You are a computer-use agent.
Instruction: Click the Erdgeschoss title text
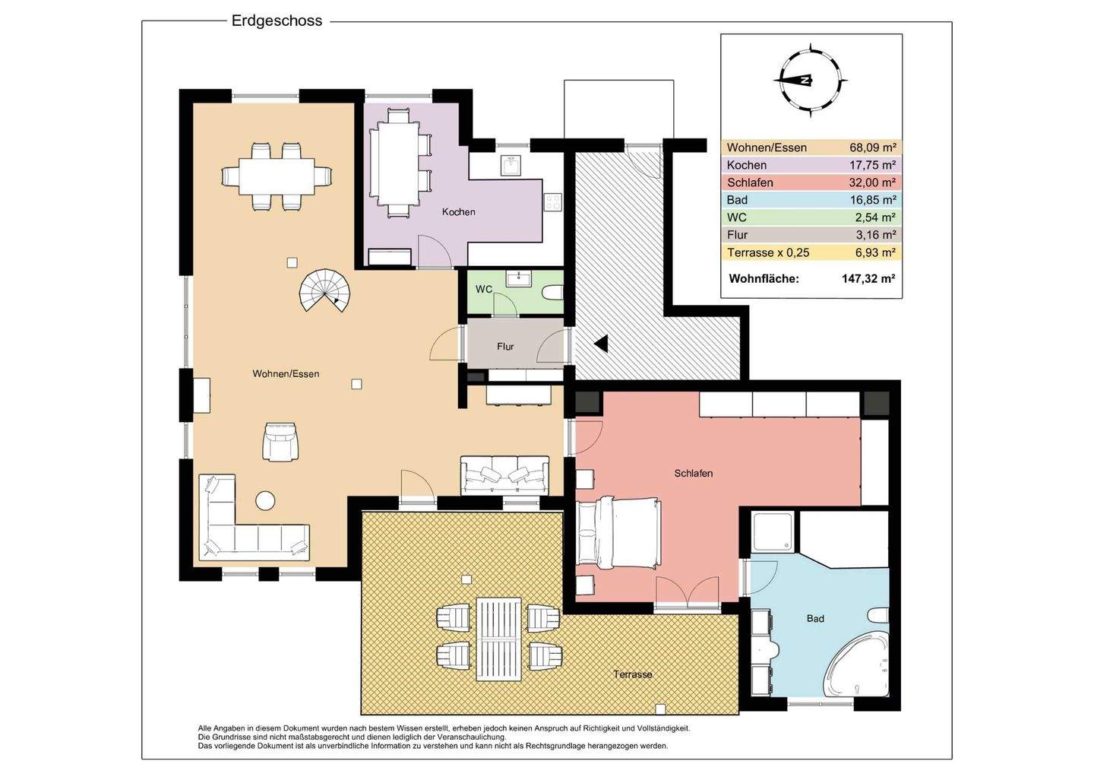tap(277, 21)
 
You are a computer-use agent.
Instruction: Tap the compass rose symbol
tap(811, 81)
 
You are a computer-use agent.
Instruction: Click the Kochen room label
tap(458, 211)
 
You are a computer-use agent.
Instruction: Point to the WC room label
tap(483, 289)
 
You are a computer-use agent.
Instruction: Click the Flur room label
tap(505, 347)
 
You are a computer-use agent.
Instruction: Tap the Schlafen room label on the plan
tap(693, 473)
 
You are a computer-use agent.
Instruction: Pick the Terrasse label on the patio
tap(632, 674)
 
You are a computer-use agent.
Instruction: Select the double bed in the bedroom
tap(618, 533)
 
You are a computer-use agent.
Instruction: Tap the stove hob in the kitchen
tap(553, 202)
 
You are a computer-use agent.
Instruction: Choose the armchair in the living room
tap(280, 442)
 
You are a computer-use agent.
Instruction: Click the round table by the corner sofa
tap(264, 500)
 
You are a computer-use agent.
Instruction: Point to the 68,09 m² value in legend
tap(873, 148)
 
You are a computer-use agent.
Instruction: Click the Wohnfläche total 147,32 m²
tap(868, 278)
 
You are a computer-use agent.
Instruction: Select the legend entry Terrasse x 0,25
tap(768, 252)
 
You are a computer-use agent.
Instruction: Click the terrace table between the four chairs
tap(498, 639)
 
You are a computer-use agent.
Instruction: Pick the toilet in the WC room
tap(554, 292)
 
